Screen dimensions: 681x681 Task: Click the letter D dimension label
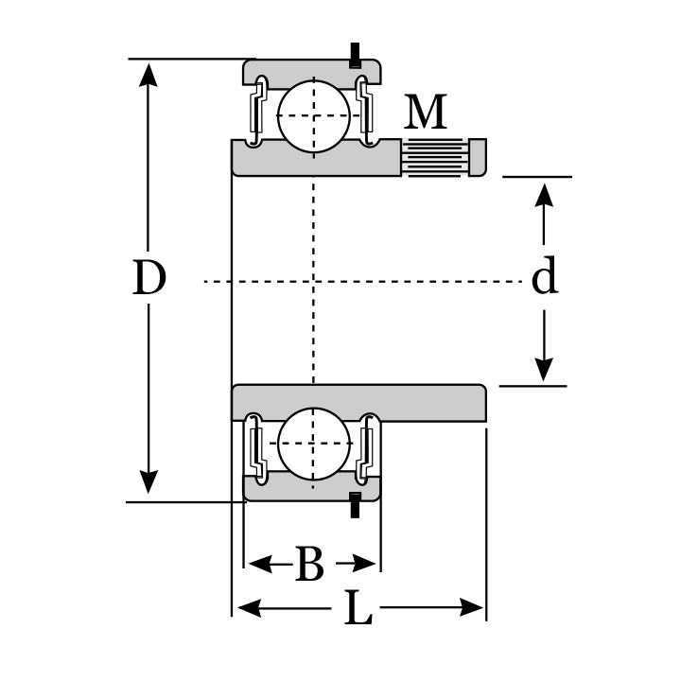149,279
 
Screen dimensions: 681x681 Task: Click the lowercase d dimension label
544,278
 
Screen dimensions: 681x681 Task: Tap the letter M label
426,113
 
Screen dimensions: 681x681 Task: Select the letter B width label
309,565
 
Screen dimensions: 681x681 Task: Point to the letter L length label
357,609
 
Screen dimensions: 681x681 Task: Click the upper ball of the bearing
314,115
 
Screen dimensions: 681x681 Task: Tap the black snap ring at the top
356,55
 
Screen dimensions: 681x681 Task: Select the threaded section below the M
434,156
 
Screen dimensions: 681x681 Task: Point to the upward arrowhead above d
544,194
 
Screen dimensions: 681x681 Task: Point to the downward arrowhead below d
544,369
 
